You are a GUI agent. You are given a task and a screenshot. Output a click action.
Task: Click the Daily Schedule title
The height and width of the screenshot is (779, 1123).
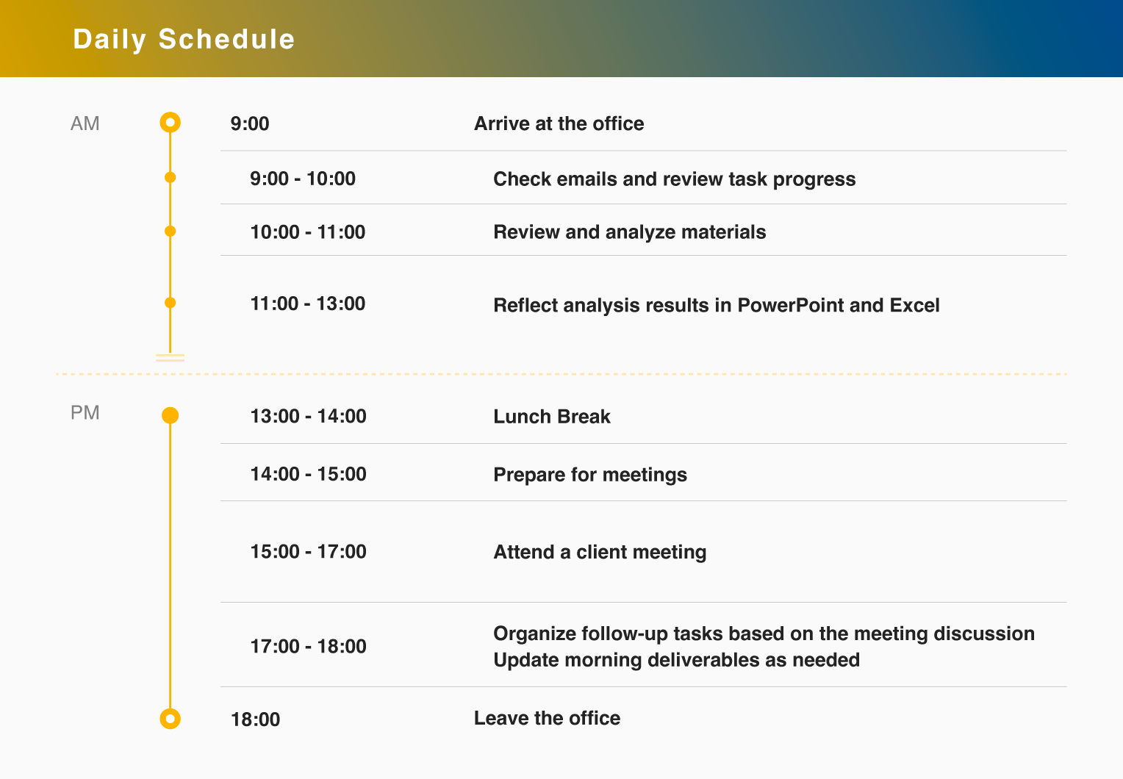point(184,40)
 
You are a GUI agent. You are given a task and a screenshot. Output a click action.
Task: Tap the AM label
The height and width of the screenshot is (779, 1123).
point(85,123)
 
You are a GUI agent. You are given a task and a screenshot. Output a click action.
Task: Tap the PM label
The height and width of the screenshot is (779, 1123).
point(85,413)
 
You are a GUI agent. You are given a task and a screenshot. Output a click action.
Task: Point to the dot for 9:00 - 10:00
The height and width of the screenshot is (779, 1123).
point(170,177)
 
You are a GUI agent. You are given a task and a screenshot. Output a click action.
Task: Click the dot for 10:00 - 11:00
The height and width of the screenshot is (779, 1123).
point(170,231)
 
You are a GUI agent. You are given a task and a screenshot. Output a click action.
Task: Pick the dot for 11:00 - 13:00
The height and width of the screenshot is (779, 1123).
point(170,303)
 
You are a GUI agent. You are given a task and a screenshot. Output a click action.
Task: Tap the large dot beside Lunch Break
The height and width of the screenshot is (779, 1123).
point(170,415)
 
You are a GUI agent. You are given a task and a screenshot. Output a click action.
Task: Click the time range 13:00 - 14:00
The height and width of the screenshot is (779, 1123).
point(309,417)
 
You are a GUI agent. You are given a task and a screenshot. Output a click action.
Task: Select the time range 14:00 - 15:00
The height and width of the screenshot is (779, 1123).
point(309,474)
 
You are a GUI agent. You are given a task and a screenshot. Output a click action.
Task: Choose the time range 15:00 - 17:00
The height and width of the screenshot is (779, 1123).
point(309,552)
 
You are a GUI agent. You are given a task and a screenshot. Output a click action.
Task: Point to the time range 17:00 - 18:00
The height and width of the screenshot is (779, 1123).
point(309,647)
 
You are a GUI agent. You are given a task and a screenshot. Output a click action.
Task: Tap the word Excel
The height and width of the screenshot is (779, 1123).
point(914,305)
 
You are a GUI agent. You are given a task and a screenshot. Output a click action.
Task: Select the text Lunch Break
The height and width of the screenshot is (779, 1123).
point(552,417)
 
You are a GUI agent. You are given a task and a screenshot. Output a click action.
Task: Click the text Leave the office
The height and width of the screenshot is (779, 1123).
point(547,718)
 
